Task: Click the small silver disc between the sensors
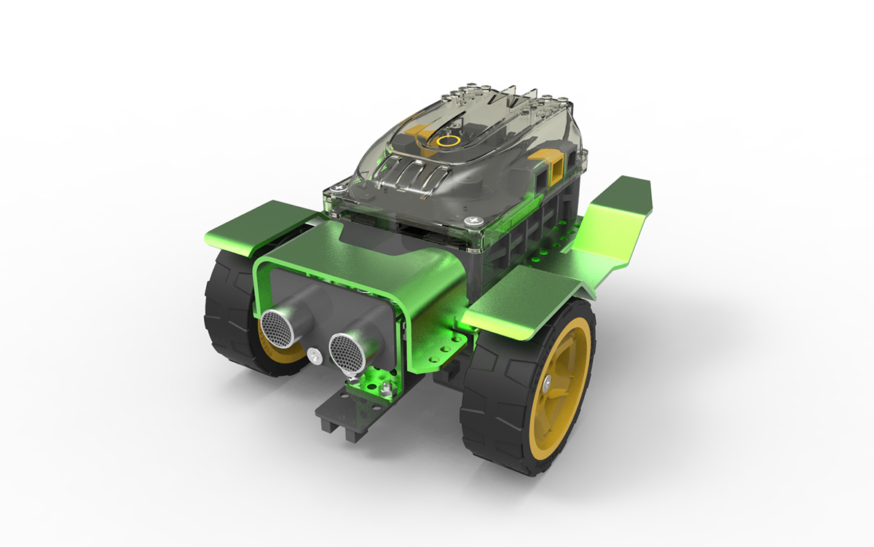314,355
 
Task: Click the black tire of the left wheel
222,306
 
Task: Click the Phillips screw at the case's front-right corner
474,219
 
